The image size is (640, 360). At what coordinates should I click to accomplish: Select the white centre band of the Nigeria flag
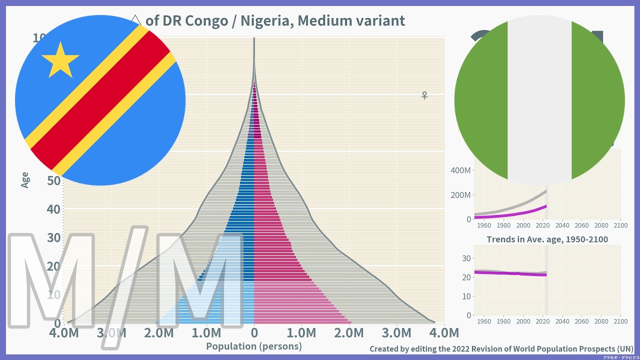(x=539, y=100)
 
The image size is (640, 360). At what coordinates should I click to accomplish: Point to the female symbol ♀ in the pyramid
(x=424, y=95)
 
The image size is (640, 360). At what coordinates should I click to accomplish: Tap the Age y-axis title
(x=25, y=179)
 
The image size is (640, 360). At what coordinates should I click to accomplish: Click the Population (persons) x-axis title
(x=254, y=346)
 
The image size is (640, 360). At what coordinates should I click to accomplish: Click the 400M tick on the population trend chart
(x=460, y=170)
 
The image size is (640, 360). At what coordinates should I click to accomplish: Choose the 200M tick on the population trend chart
(x=460, y=195)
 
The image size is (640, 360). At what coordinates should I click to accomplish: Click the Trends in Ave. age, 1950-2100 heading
(x=547, y=239)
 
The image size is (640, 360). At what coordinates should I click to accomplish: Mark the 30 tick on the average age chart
(x=466, y=258)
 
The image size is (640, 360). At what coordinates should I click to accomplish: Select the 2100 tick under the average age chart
(x=620, y=321)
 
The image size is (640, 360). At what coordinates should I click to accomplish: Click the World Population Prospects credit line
(x=501, y=348)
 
